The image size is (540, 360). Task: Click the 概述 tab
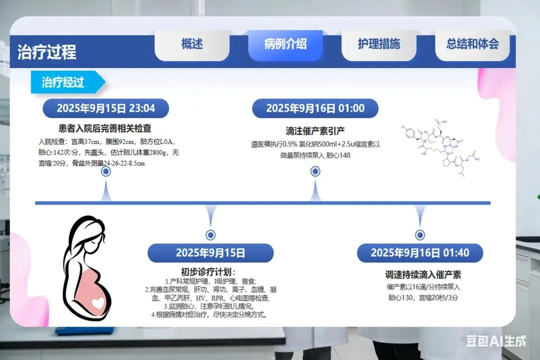pyautogui.click(x=192, y=44)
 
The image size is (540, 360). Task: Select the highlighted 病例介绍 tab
pyautogui.click(x=285, y=44)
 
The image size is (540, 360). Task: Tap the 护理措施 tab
pyautogui.click(x=379, y=44)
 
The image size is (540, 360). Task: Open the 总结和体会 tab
pyautogui.click(x=472, y=44)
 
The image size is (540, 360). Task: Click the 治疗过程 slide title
pyautogui.click(x=47, y=52)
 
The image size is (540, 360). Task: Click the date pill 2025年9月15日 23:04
pyautogui.click(x=105, y=108)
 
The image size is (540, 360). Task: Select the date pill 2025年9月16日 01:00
pyautogui.click(x=315, y=108)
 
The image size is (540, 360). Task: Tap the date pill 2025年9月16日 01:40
pyautogui.click(x=420, y=253)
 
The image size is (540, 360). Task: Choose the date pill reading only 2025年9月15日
pyautogui.click(x=210, y=253)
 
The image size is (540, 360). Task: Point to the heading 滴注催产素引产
pyautogui.click(x=315, y=131)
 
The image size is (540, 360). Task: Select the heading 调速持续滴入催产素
pyautogui.click(x=420, y=274)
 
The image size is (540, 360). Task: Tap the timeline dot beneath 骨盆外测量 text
pyautogui.click(x=106, y=171)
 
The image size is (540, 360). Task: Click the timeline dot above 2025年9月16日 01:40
pyautogui.click(x=420, y=235)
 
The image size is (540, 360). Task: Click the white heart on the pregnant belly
pyautogui.click(x=98, y=302)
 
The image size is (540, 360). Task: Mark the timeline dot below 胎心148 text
pyautogui.click(x=315, y=171)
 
